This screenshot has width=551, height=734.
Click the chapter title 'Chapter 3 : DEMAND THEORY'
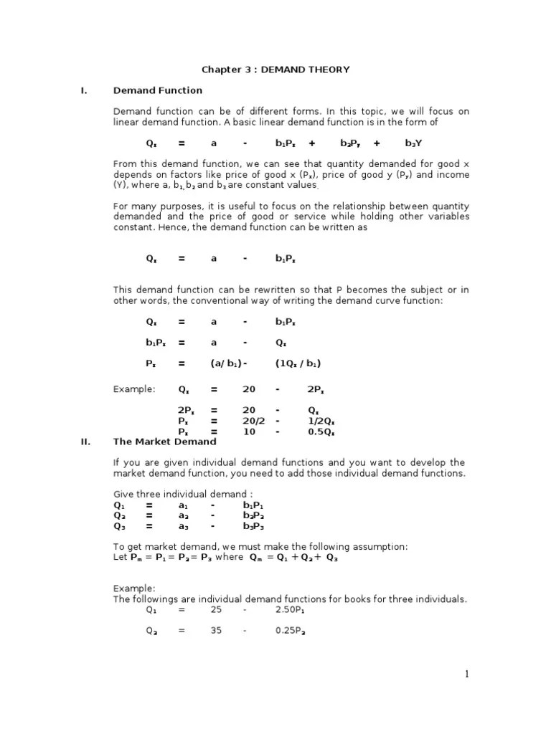click(x=275, y=70)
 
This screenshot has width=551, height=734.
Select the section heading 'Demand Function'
click(x=158, y=90)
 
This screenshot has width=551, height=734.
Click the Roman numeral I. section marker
click(x=83, y=90)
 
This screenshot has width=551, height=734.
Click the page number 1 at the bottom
click(x=466, y=673)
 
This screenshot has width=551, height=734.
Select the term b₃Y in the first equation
click(x=414, y=143)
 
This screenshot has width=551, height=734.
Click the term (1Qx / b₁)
click(x=298, y=363)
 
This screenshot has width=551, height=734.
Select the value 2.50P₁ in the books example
click(x=291, y=610)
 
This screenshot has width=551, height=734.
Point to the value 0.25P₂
click(x=291, y=631)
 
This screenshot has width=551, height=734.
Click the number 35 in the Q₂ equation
click(x=216, y=631)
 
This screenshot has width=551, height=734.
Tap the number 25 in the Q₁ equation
click(x=216, y=610)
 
